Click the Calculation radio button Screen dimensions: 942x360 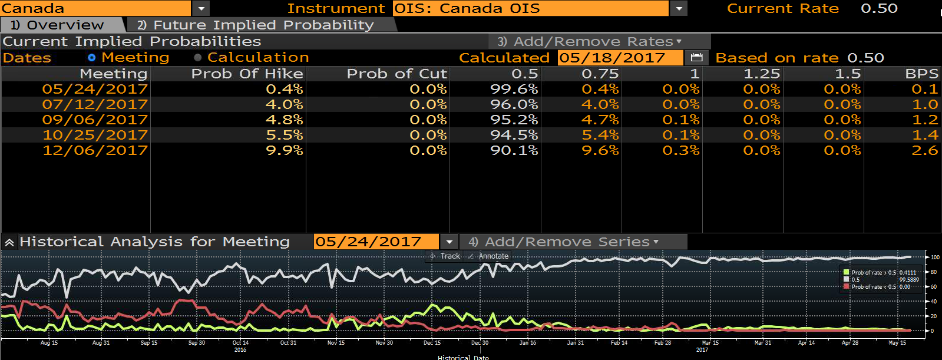pyautogui.click(x=198, y=58)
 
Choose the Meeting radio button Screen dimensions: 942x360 pyautogui.click(x=92, y=58)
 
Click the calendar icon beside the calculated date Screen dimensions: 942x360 pyautogui.click(x=697, y=58)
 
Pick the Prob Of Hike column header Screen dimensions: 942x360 pyautogui.click(x=247, y=74)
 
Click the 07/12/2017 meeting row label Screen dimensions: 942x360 pyautogui.click(x=95, y=104)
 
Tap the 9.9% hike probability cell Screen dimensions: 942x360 pyautogui.click(x=285, y=150)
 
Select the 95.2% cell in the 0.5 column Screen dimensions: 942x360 pyautogui.click(x=514, y=120)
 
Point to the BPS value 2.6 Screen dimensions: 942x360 pyautogui.click(x=925, y=150)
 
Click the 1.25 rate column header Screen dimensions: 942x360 pyautogui.click(x=762, y=74)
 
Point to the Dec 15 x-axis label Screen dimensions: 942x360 pyautogui.click(x=432, y=343)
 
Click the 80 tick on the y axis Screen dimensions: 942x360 pyautogui.click(x=933, y=272)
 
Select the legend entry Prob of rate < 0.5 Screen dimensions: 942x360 pyautogui.click(x=877, y=287)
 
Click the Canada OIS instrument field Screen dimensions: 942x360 pyautogui.click(x=531, y=8)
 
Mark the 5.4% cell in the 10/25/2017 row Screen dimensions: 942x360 pyautogui.click(x=600, y=135)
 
